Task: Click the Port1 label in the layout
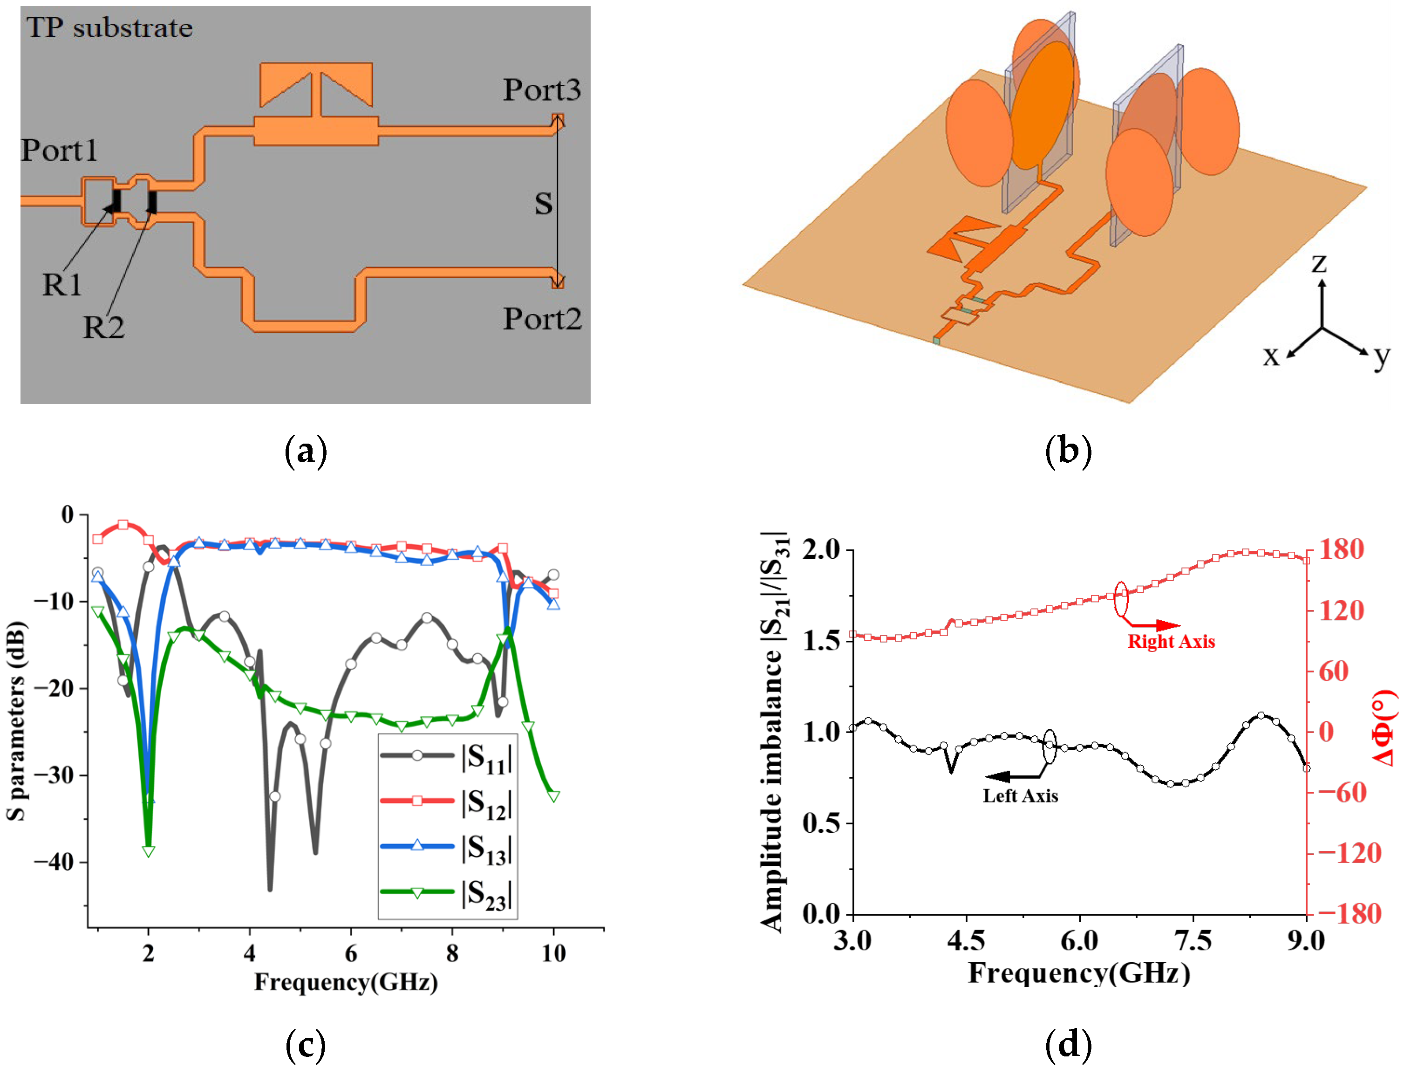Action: coord(59,150)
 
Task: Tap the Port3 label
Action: coord(541,90)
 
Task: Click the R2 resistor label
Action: coord(103,328)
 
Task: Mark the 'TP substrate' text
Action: coord(109,28)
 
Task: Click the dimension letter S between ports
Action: coord(543,204)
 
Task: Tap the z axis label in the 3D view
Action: coord(1319,262)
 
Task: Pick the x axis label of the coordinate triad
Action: coord(1270,356)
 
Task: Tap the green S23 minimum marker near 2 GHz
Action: coord(148,851)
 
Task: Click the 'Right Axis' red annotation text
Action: coord(1171,641)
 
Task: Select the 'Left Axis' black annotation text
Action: coord(1020,796)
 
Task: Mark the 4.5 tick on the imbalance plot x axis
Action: coord(966,940)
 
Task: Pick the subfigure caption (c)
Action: coord(306,1045)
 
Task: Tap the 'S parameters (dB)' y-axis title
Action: coord(17,721)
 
